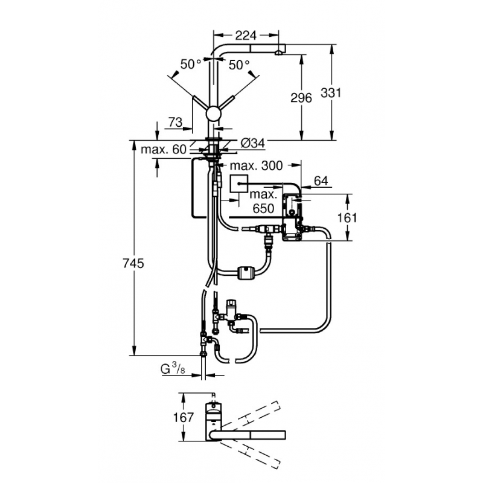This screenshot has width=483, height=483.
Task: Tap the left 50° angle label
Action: tap(191, 64)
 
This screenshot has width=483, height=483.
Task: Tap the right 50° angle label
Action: tap(239, 64)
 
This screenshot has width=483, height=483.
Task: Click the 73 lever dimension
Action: tap(175, 122)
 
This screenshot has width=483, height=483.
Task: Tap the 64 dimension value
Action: tap(321, 179)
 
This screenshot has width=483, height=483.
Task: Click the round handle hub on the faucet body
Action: tap(213, 113)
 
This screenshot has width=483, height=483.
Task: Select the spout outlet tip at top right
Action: tap(278, 52)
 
